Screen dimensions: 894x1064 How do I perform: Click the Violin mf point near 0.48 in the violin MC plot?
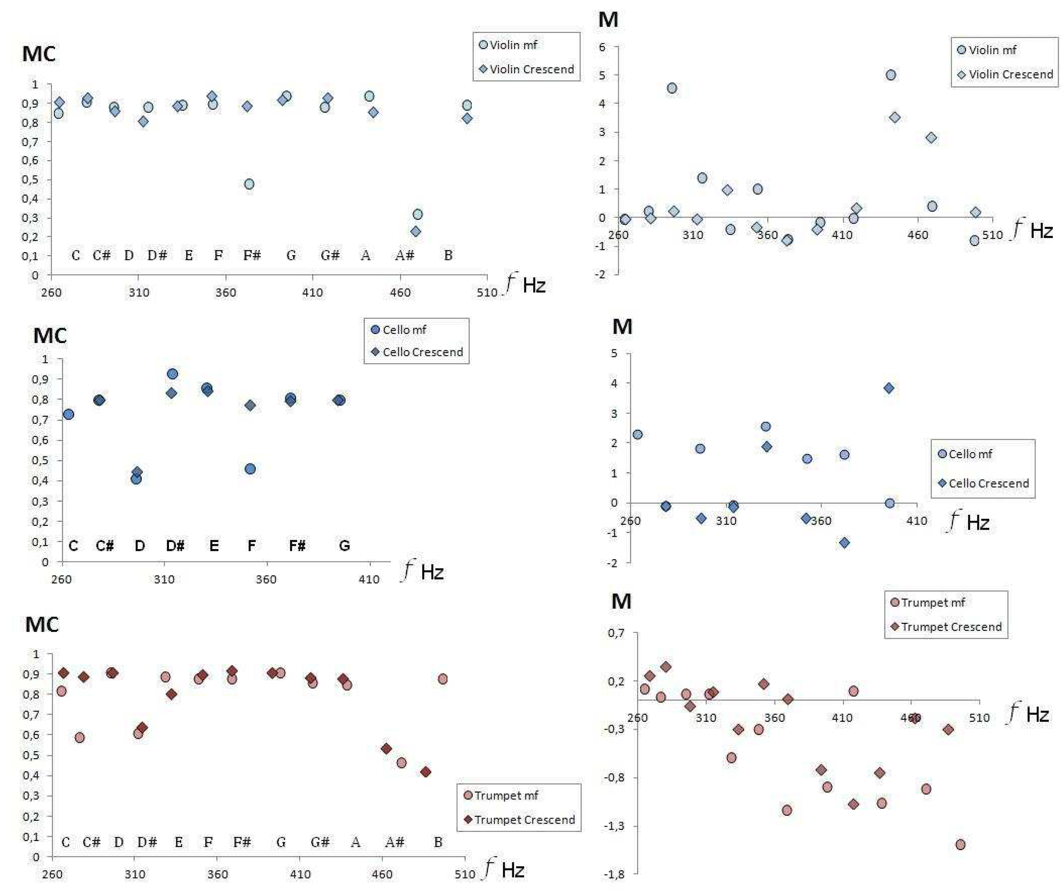click(249, 184)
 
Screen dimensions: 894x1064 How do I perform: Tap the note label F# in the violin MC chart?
click(252, 255)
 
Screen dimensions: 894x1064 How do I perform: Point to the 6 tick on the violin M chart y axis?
click(602, 47)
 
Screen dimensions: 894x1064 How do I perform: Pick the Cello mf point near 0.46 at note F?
click(250, 469)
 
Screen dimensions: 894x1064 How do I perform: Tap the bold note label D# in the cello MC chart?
click(175, 546)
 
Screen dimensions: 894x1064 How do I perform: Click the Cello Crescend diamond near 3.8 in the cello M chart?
click(889, 388)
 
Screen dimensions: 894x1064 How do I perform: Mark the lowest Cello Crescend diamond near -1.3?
click(844, 543)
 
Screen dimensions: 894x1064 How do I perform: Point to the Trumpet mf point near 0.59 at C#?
click(80, 737)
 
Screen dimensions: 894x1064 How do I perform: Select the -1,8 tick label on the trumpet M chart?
click(614, 874)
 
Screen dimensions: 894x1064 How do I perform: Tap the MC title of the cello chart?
click(50, 336)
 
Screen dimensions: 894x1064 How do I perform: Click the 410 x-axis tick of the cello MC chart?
click(369, 579)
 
